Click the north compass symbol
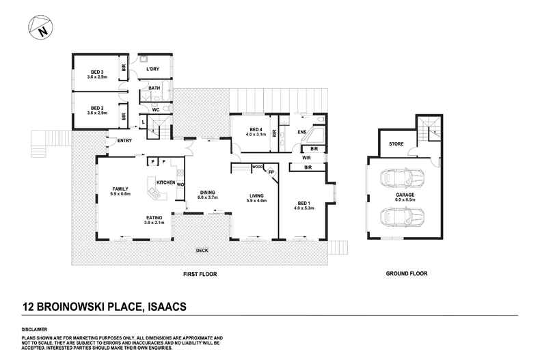point(41,29)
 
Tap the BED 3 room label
point(97,72)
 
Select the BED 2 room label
point(97,108)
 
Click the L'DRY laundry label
point(152,70)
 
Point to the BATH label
point(154,89)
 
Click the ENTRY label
point(124,141)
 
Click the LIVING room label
point(256,196)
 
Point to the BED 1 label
point(303,203)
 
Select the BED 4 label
point(256,130)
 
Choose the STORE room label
point(396,144)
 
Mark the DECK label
point(202,251)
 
